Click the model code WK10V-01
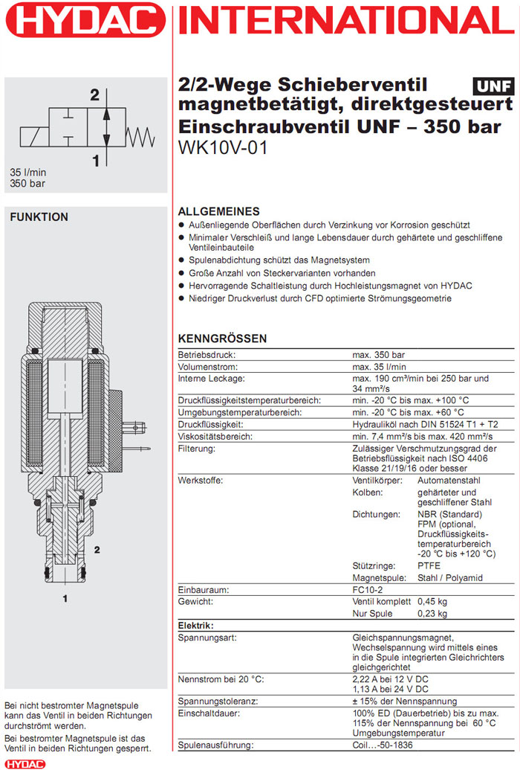coord(222,147)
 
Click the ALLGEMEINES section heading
coord(219,211)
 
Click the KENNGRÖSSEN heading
coord(222,339)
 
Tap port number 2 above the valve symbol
coord(95,95)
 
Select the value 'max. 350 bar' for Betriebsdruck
coord(378,354)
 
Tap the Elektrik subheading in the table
coord(196,626)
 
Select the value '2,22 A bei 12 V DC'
coord(390,679)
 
